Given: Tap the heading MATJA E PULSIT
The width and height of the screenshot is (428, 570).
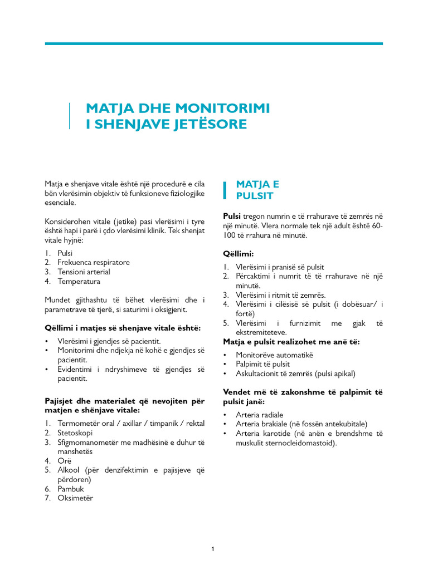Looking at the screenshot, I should [x=255, y=190].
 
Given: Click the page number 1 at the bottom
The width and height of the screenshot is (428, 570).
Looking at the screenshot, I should [x=213, y=549].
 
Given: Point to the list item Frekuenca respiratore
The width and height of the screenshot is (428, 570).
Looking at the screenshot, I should [x=93, y=262].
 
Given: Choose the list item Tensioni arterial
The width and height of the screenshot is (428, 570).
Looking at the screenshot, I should [x=84, y=272].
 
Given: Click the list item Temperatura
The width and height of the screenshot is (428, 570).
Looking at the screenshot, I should [x=79, y=281].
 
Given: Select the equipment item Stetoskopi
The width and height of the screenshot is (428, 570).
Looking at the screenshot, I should [x=75, y=433].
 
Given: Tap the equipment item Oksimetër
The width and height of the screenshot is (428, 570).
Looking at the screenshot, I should [x=75, y=498].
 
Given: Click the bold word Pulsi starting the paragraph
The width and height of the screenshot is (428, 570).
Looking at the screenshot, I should [x=232, y=216].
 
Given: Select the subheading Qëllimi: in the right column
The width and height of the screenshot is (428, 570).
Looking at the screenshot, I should [x=238, y=254].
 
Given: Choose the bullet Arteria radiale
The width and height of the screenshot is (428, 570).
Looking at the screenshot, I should [x=259, y=415].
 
